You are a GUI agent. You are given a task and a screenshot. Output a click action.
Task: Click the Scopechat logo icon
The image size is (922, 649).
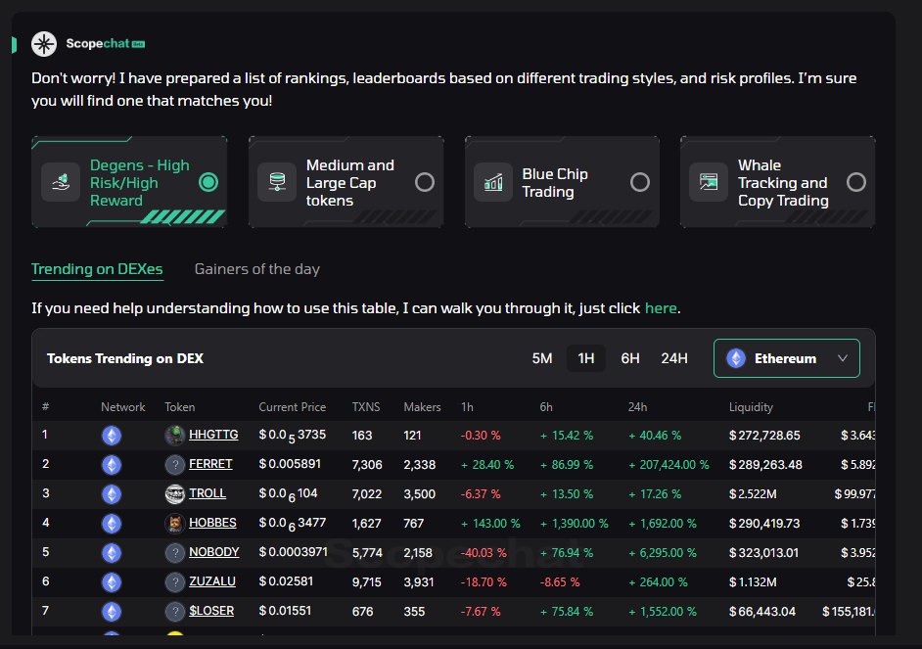44,44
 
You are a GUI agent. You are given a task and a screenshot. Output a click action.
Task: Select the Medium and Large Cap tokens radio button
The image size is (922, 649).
425,182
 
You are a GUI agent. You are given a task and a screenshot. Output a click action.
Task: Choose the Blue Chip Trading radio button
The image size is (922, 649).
640,182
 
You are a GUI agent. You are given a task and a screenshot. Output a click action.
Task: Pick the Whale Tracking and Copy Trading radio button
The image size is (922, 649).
856,182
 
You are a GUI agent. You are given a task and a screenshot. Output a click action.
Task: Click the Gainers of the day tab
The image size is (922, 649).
257,269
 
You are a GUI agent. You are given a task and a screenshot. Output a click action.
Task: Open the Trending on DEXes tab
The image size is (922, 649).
97,269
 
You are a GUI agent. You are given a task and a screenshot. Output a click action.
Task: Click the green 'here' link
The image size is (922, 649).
661,308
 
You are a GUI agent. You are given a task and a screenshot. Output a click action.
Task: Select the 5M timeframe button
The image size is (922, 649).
542,358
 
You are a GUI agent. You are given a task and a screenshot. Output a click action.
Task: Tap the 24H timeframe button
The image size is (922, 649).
674,358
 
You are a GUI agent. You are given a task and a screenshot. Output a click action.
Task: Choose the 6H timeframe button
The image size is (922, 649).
630,358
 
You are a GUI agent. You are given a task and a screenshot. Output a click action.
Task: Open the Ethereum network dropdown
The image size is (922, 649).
786,358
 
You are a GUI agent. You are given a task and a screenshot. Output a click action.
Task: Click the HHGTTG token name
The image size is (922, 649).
211,435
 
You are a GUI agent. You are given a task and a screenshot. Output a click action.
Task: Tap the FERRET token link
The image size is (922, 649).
210,464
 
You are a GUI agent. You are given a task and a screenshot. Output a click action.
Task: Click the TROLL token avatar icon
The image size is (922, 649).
175,493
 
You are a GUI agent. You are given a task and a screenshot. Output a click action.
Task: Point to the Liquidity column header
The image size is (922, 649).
751,407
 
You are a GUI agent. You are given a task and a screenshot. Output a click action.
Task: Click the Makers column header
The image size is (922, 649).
422,407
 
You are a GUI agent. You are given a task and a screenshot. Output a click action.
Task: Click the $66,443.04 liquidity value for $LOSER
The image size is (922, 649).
762,611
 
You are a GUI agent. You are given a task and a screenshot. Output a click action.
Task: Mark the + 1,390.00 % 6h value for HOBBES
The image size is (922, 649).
574,523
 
